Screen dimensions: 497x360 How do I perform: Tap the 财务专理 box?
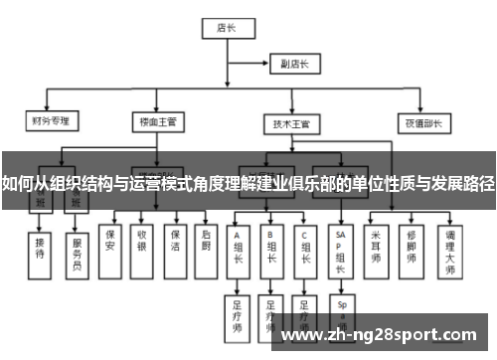49,121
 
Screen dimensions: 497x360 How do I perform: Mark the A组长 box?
238,247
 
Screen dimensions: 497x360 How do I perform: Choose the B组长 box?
271,247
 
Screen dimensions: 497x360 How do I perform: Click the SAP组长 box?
341,247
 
